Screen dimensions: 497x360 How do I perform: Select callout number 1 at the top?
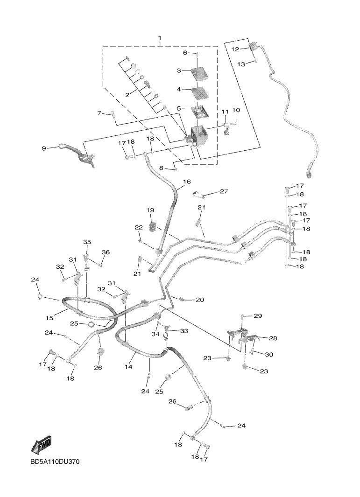click(160, 38)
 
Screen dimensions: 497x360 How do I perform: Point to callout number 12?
click(235, 49)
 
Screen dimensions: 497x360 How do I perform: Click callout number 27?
click(224, 191)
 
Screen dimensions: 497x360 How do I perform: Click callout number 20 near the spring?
click(199, 300)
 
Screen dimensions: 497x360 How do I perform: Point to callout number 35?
click(87, 242)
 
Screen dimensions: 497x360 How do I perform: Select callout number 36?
click(106, 252)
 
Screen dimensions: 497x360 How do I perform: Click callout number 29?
click(258, 316)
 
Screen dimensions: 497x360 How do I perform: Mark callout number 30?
click(269, 355)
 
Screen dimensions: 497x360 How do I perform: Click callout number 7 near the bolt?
click(99, 113)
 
